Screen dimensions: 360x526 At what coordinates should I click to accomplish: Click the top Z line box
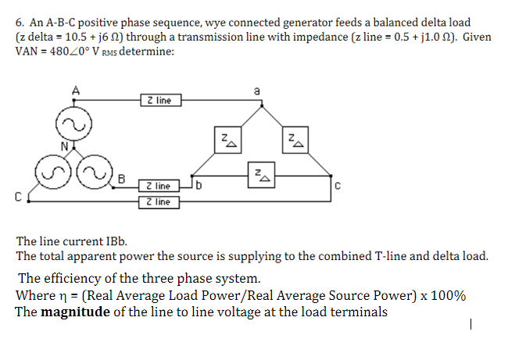(x=160, y=100)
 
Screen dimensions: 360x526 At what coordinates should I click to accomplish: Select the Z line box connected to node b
(x=160, y=186)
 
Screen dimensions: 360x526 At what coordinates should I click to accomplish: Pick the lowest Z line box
(x=160, y=202)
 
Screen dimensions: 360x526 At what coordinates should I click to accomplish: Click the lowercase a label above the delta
(x=256, y=91)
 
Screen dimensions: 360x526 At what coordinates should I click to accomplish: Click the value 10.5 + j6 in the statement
(x=86, y=37)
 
